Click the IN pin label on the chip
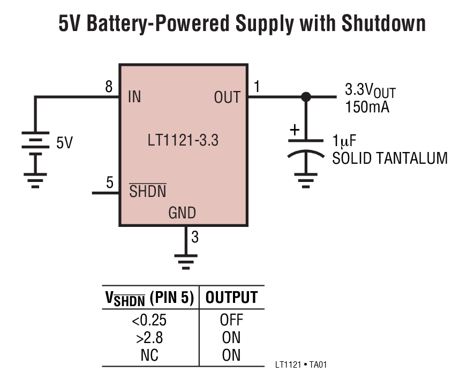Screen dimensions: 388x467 [134, 97]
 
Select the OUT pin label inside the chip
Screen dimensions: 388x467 [227, 97]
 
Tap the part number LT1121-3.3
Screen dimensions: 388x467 [183, 141]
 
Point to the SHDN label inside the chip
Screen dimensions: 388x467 [148, 191]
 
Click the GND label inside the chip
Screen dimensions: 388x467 [182, 213]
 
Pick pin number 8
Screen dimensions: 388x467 [109, 87]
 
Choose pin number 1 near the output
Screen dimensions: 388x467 [257, 87]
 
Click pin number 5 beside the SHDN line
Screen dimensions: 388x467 [110, 183]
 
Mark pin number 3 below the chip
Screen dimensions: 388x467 [195, 237]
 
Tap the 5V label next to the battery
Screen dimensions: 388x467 [64, 143]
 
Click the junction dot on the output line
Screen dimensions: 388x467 [306, 97]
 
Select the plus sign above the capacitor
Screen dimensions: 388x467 [294, 130]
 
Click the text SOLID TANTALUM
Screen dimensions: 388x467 [389, 158]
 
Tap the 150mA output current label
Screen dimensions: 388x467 [367, 106]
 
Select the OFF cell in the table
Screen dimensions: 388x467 [231, 321]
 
